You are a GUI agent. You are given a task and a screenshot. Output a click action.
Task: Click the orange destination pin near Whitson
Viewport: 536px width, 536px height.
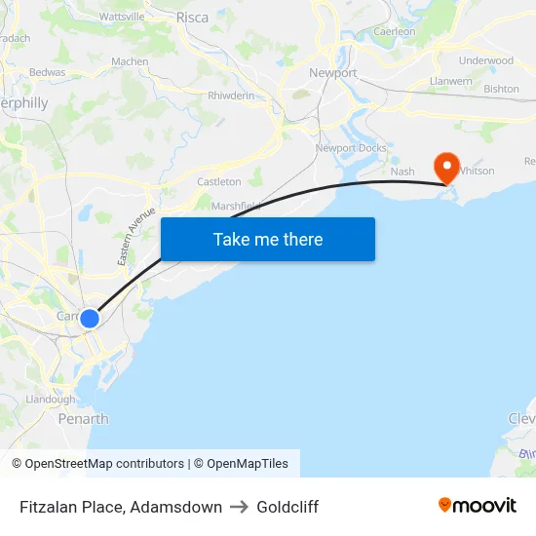click(447, 167)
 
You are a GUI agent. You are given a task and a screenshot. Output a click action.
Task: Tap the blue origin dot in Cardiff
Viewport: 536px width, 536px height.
click(89, 319)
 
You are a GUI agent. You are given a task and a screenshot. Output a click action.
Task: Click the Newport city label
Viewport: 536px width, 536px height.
click(333, 73)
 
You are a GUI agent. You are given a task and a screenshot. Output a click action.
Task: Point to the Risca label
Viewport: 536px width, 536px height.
click(192, 18)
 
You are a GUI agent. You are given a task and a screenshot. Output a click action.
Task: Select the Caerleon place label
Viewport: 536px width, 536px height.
click(395, 32)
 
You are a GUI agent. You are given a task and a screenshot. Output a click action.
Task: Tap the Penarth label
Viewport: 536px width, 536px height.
click(84, 419)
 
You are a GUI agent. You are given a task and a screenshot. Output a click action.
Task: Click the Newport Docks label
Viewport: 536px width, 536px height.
click(350, 148)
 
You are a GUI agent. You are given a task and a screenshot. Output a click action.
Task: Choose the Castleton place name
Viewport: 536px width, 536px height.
click(219, 182)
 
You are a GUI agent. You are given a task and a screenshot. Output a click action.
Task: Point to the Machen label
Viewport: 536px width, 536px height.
click(131, 61)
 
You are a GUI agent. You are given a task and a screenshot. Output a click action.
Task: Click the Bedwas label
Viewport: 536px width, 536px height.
click(48, 72)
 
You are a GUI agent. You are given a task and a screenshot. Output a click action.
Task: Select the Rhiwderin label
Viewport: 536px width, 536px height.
click(231, 96)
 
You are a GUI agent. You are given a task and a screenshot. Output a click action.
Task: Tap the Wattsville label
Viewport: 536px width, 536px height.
click(122, 17)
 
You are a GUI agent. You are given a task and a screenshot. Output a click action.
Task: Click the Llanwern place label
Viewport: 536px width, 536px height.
click(450, 82)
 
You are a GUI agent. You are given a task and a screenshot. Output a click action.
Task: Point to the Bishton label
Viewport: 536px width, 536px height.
click(501, 89)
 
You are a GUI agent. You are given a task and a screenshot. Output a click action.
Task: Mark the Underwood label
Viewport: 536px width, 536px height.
click(485, 60)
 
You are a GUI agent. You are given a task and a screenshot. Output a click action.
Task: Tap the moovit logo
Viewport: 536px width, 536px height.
click(478, 506)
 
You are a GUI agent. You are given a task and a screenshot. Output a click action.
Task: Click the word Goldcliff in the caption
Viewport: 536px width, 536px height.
click(287, 507)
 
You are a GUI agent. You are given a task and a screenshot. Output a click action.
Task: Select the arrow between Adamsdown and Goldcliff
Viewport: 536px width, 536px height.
click(240, 507)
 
